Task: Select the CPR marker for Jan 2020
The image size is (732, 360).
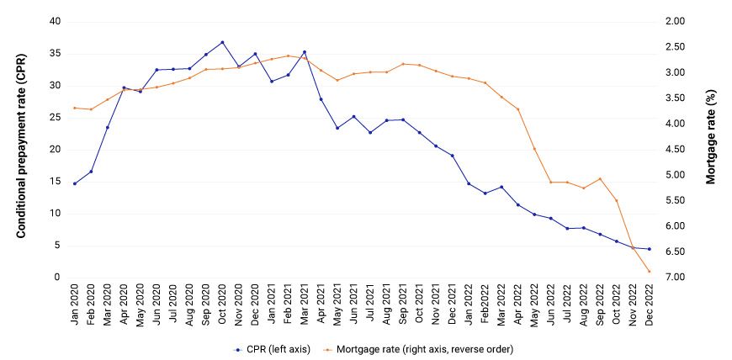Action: pyautogui.click(x=74, y=183)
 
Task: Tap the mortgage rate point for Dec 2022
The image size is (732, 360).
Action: pyautogui.click(x=649, y=272)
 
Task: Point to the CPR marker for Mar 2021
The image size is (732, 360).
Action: pyautogui.click(x=304, y=52)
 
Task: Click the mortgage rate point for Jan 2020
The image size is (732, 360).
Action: pyautogui.click(x=74, y=108)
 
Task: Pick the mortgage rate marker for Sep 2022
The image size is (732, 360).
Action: pyautogui.click(x=600, y=178)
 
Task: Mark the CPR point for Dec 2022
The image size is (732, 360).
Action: pyautogui.click(x=649, y=249)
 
